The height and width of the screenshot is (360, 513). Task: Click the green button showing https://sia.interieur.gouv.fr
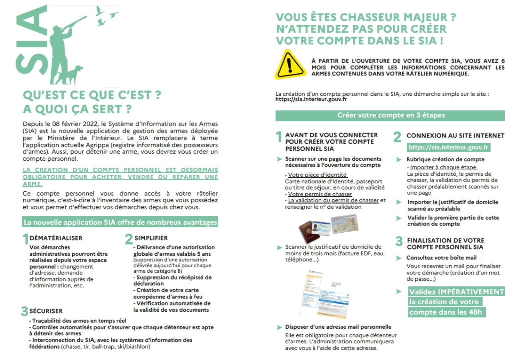[x=449, y=147]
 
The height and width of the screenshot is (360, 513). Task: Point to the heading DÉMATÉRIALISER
[x=56, y=238]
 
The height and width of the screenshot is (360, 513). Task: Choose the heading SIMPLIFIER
[x=151, y=238]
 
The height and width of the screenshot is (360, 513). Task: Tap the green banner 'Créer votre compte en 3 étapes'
[x=391, y=115]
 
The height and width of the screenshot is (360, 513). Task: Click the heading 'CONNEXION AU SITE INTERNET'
[x=455, y=135]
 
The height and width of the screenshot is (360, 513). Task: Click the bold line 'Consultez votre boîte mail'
[x=441, y=258]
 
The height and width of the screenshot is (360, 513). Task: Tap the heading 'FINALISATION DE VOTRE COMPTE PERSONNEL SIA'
[x=445, y=244]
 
